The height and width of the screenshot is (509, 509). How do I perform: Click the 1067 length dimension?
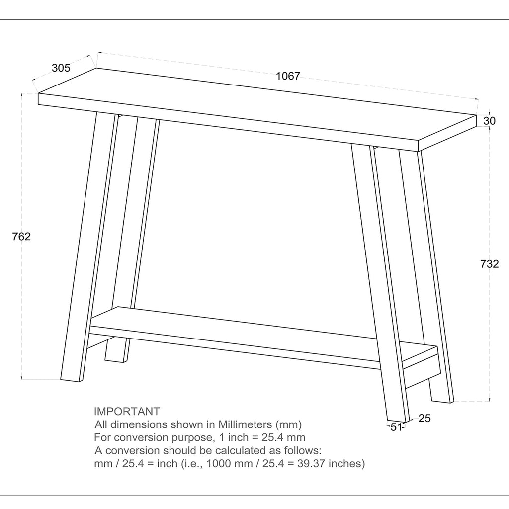tap(288, 76)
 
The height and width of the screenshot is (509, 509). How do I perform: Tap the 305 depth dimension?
tap(61, 68)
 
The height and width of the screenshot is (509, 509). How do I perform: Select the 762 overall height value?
tap(21, 236)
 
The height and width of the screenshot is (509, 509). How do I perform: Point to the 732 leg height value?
tap(490, 264)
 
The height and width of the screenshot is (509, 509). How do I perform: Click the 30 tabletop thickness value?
tap(490, 121)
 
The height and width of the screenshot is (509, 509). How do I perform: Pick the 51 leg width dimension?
tap(396, 427)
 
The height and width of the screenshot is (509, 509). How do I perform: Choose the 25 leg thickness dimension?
tap(424, 418)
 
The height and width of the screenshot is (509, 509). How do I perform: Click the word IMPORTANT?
tap(127, 411)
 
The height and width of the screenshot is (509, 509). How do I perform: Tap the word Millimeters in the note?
tap(245, 424)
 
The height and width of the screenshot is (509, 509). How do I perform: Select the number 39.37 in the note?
tap(308, 463)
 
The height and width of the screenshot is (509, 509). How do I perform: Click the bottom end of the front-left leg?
tap(71, 380)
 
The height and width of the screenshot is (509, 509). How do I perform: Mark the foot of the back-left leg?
tap(115, 360)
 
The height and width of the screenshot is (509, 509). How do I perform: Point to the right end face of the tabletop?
tap(447, 133)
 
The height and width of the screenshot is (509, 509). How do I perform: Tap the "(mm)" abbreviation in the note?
tap(289, 424)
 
